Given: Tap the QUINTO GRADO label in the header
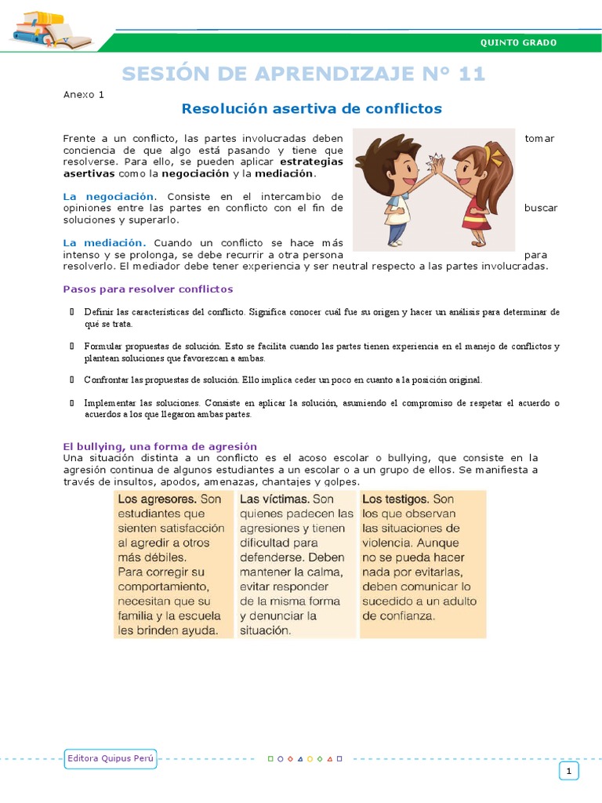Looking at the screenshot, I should pos(517,42).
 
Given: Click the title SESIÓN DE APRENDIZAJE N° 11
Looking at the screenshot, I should pos(303,74).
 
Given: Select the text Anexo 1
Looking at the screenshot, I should pos(83,95).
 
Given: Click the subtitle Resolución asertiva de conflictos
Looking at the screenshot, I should pos(311,108).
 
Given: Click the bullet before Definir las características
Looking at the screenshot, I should pos(71,312).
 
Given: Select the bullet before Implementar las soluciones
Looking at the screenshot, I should pos(71,403).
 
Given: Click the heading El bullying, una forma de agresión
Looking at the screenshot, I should pos(160,446).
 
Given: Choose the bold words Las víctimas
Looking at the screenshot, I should pos(274,499).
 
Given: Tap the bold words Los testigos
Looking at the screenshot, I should pos(396,499).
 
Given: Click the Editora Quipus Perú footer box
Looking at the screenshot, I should pos(111,758).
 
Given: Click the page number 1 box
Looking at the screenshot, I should pos(568,772).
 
